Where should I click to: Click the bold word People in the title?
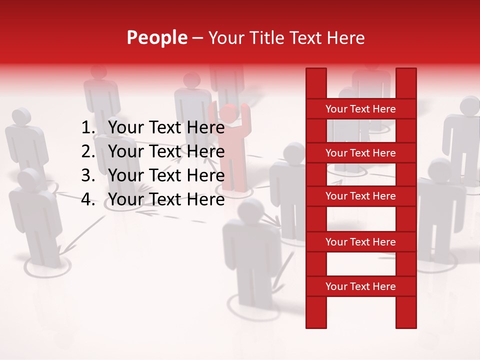156,38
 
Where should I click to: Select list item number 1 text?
166,128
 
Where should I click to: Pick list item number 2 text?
166,151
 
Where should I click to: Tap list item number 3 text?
166,175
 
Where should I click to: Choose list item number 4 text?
166,199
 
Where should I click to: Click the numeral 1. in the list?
88,128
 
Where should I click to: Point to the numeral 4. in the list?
88,199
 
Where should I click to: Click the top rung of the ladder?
360,109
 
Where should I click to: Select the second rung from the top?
360,153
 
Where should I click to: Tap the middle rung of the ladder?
360,196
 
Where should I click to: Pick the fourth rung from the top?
360,242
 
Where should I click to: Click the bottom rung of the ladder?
360,286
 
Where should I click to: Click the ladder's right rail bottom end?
406,322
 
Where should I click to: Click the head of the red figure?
228,113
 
